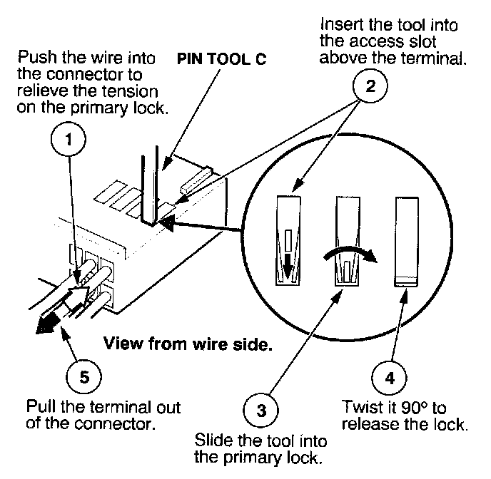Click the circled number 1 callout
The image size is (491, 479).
(x=69, y=139)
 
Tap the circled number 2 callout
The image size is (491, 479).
(x=370, y=86)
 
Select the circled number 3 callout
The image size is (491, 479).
(x=261, y=410)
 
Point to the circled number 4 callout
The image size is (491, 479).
(x=389, y=378)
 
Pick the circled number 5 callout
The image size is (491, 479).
(x=84, y=376)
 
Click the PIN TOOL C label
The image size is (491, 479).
(x=221, y=58)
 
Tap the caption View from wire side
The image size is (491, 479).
(x=188, y=344)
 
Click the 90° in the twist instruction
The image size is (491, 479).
(x=414, y=408)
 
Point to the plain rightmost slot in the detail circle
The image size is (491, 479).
(x=407, y=242)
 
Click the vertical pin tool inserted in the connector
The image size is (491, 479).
(x=149, y=186)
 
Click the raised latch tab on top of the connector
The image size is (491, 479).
(x=197, y=180)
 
